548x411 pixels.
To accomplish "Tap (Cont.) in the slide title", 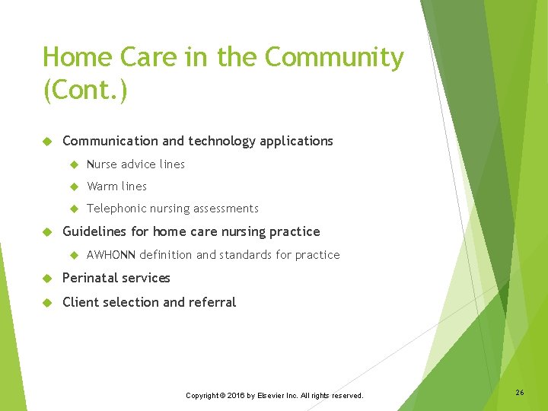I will click(x=85, y=91).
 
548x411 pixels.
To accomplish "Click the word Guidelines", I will click(x=95, y=231).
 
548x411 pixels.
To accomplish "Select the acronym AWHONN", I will click(x=111, y=255).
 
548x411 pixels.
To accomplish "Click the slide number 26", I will click(x=519, y=393).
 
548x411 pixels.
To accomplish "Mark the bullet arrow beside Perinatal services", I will click(x=46, y=279).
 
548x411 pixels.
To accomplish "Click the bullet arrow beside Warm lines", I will click(x=74, y=186).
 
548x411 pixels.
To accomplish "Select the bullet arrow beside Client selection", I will click(x=46, y=303).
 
